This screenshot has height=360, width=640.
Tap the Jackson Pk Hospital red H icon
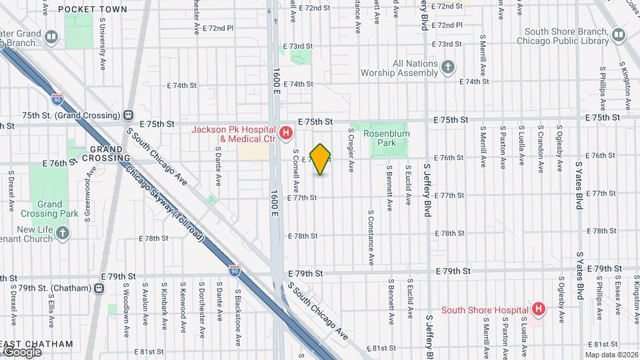click(287, 133)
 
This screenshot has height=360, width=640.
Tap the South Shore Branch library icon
click(619, 35)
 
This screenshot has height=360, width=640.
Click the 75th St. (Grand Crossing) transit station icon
click(127, 115)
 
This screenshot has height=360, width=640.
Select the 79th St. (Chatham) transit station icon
click(99, 288)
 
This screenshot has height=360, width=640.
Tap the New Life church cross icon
click(62, 233)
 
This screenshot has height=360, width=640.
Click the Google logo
click(22, 351)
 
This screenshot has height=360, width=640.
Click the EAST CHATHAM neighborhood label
click(37, 344)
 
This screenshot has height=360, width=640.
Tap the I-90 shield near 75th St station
click(57, 99)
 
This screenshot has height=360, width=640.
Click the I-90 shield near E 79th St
click(234, 270)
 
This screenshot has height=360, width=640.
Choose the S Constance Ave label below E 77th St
click(371, 237)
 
